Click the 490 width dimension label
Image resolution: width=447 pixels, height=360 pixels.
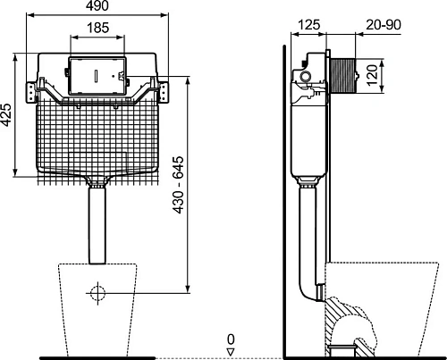(x=97, y=5)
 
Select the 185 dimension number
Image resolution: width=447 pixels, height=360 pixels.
(x=98, y=28)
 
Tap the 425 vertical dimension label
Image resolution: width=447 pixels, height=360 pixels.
(x=6, y=114)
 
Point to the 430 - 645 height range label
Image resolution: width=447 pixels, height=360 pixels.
(x=178, y=185)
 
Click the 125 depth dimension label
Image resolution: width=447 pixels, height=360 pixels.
(x=309, y=25)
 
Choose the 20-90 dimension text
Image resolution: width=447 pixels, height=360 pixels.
(x=384, y=25)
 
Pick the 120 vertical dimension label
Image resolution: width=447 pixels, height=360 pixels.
(x=372, y=76)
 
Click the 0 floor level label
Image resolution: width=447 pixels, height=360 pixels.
(x=231, y=339)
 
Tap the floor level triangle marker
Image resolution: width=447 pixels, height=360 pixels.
(x=231, y=352)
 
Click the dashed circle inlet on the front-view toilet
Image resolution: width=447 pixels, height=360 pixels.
(x=97, y=293)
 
